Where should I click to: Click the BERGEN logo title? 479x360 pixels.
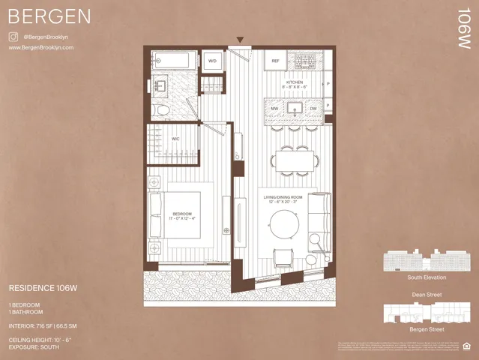50,16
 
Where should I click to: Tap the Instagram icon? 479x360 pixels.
13,36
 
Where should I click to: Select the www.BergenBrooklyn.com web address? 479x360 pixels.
40,47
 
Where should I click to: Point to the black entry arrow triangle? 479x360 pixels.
240,40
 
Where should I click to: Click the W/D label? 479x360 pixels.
212,61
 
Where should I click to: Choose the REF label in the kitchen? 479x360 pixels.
275,61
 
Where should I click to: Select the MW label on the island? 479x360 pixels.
276,109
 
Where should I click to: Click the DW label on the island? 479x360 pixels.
313,109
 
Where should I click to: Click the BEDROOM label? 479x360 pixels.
182,214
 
